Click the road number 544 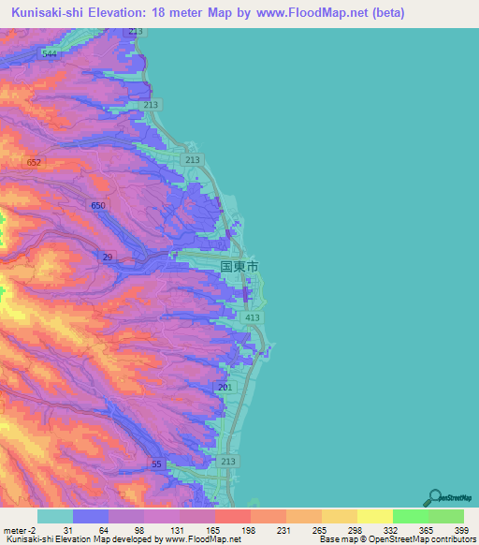tap(50, 54)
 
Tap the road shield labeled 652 tap(35, 163)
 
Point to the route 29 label tap(109, 257)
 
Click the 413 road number tap(253, 319)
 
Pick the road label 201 tap(224, 387)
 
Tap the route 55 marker tap(157, 464)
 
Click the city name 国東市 tap(239, 266)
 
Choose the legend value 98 tap(139, 530)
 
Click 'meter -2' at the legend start tap(19, 530)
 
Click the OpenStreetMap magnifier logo tap(432, 497)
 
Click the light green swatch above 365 tap(410, 516)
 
